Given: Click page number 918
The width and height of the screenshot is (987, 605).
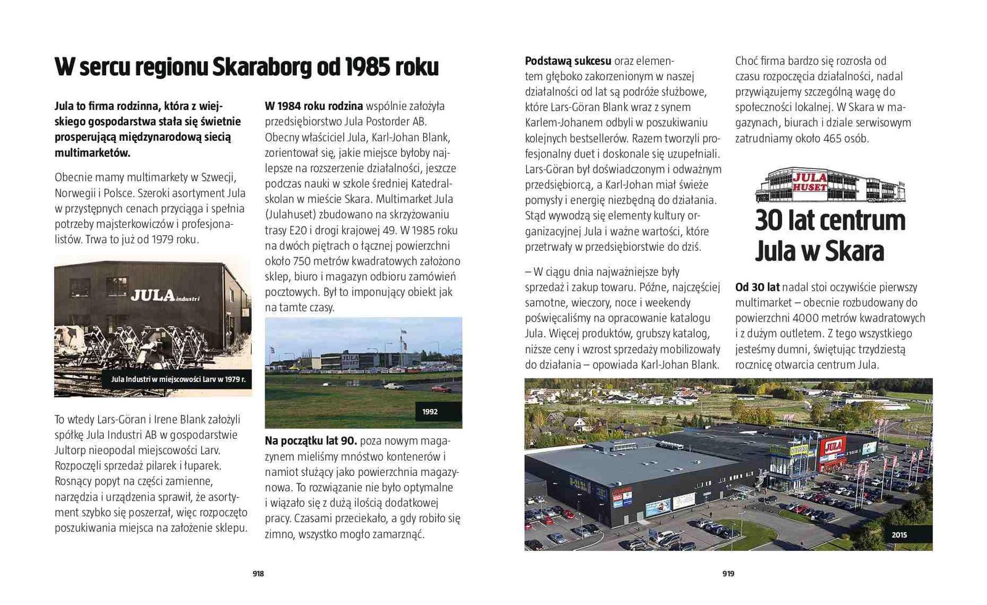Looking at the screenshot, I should (x=258, y=574).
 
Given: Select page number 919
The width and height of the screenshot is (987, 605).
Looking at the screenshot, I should (x=729, y=574).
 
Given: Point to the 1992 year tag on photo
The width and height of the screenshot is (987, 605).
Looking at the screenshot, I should (x=430, y=412).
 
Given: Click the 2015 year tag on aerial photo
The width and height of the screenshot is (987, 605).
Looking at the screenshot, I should (x=899, y=535).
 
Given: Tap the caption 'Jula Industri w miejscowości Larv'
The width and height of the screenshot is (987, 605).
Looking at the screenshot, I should (x=178, y=379).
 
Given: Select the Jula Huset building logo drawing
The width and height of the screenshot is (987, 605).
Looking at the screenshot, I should (x=830, y=185).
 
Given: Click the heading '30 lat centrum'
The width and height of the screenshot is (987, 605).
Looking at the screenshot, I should (x=830, y=220).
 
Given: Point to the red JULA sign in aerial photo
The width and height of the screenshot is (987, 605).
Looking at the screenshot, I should (x=833, y=446).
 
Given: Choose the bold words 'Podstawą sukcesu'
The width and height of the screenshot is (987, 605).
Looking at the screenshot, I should (x=568, y=61).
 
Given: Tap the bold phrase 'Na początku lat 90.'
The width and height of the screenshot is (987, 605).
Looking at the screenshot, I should (x=311, y=441).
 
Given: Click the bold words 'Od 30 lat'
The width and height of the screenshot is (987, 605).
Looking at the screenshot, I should (x=757, y=287).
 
